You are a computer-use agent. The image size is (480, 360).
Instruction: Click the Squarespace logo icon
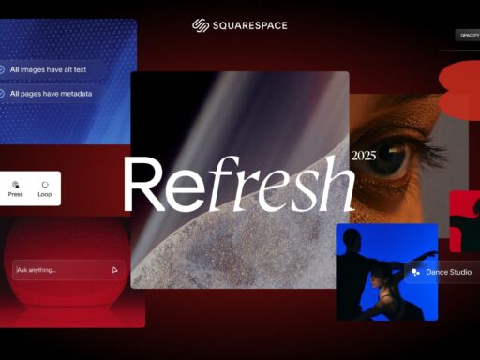tap(200, 25)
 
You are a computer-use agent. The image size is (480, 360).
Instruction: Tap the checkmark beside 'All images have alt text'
tap(3, 69)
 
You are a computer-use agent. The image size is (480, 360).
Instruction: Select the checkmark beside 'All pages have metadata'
tap(3, 94)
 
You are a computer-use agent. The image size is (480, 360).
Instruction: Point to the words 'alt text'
tap(76, 69)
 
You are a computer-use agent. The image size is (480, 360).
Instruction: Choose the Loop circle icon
tap(44, 184)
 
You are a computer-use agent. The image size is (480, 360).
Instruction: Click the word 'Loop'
tap(44, 195)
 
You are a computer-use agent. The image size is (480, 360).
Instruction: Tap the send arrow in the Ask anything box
tap(114, 270)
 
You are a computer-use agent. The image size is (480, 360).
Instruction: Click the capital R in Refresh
tap(144, 186)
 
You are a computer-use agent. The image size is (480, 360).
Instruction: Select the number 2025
tap(363, 156)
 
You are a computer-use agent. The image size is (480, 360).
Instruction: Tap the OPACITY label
tap(468, 35)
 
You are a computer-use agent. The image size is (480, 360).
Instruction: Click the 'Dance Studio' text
tap(449, 272)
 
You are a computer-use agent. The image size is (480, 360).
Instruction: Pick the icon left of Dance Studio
tap(415, 272)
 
